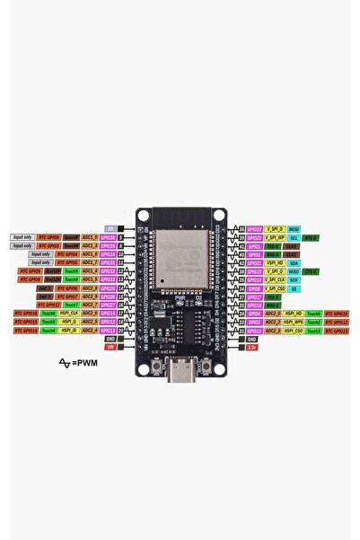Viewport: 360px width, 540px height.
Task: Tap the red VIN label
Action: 110,346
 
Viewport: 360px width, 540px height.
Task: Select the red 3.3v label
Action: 251,346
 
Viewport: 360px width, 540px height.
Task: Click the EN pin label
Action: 110,228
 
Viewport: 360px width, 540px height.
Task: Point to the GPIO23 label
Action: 254,229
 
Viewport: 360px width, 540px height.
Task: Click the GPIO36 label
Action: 108,237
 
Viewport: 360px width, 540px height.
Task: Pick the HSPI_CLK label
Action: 69,313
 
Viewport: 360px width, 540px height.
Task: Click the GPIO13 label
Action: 108,330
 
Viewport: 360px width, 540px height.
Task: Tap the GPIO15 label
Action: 254,330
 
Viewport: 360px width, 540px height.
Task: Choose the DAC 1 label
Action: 45,288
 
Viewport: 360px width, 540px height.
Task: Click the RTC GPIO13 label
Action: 337,330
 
